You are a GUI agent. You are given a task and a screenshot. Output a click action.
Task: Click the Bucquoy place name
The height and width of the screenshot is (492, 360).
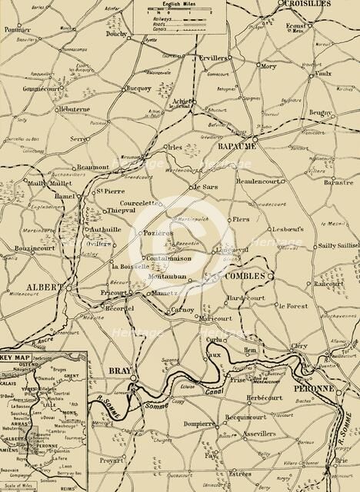click(x=142, y=88)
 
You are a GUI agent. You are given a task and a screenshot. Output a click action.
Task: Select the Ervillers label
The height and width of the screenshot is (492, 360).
click(x=211, y=58)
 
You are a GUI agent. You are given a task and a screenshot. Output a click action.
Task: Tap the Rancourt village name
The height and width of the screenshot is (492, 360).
click(x=328, y=284)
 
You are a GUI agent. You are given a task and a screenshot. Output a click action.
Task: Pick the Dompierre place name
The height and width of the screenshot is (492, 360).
click(x=204, y=424)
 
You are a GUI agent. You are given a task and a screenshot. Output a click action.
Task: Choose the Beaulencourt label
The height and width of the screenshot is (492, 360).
click(x=255, y=181)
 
